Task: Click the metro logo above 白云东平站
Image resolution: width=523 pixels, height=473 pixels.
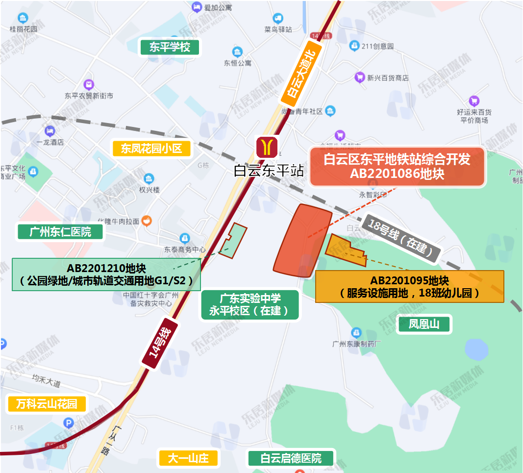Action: coord(267,147)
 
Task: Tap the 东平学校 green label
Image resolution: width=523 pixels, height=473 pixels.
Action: coord(170,48)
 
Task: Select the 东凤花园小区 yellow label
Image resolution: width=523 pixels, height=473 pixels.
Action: coord(151,149)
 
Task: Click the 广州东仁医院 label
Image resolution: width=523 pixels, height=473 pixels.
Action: coord(60,231)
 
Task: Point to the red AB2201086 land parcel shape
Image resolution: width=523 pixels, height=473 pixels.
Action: coord(301,241)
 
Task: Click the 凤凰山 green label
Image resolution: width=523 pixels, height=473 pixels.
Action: coord(424,324)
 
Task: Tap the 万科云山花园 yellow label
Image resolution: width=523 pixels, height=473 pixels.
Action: coord(47,404)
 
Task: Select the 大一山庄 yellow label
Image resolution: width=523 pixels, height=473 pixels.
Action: coord(188,459)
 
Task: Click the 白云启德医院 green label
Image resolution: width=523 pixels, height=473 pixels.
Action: coord(291,459)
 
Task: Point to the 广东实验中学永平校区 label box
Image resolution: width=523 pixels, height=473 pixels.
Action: coord(249,304)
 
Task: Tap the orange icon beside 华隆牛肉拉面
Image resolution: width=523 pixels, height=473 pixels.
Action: coord(146,221)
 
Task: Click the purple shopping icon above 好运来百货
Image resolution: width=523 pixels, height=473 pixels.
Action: coord(473,101)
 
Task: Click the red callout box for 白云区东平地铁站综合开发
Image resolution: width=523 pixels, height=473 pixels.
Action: coord(397,167)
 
